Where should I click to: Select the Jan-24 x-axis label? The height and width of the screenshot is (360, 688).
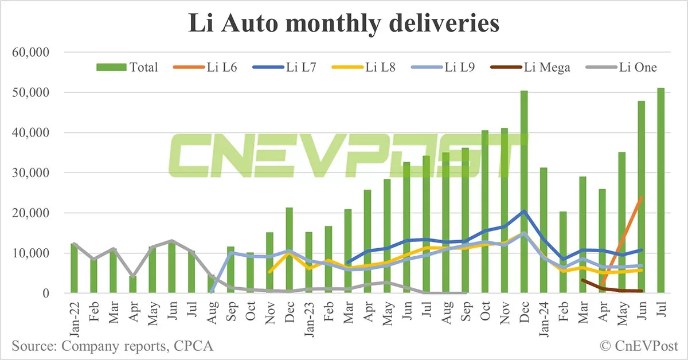[x=544, y=315]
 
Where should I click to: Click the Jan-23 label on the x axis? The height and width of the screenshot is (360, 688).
[x=309, y=315]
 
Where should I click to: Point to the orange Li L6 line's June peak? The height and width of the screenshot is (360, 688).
[x=641, y=197]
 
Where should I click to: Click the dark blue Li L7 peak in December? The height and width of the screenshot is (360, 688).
[x=524, y=211]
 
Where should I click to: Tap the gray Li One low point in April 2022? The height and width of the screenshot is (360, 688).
[x=133, y=276]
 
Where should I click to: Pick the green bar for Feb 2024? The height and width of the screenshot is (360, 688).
[x=563, y=252]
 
